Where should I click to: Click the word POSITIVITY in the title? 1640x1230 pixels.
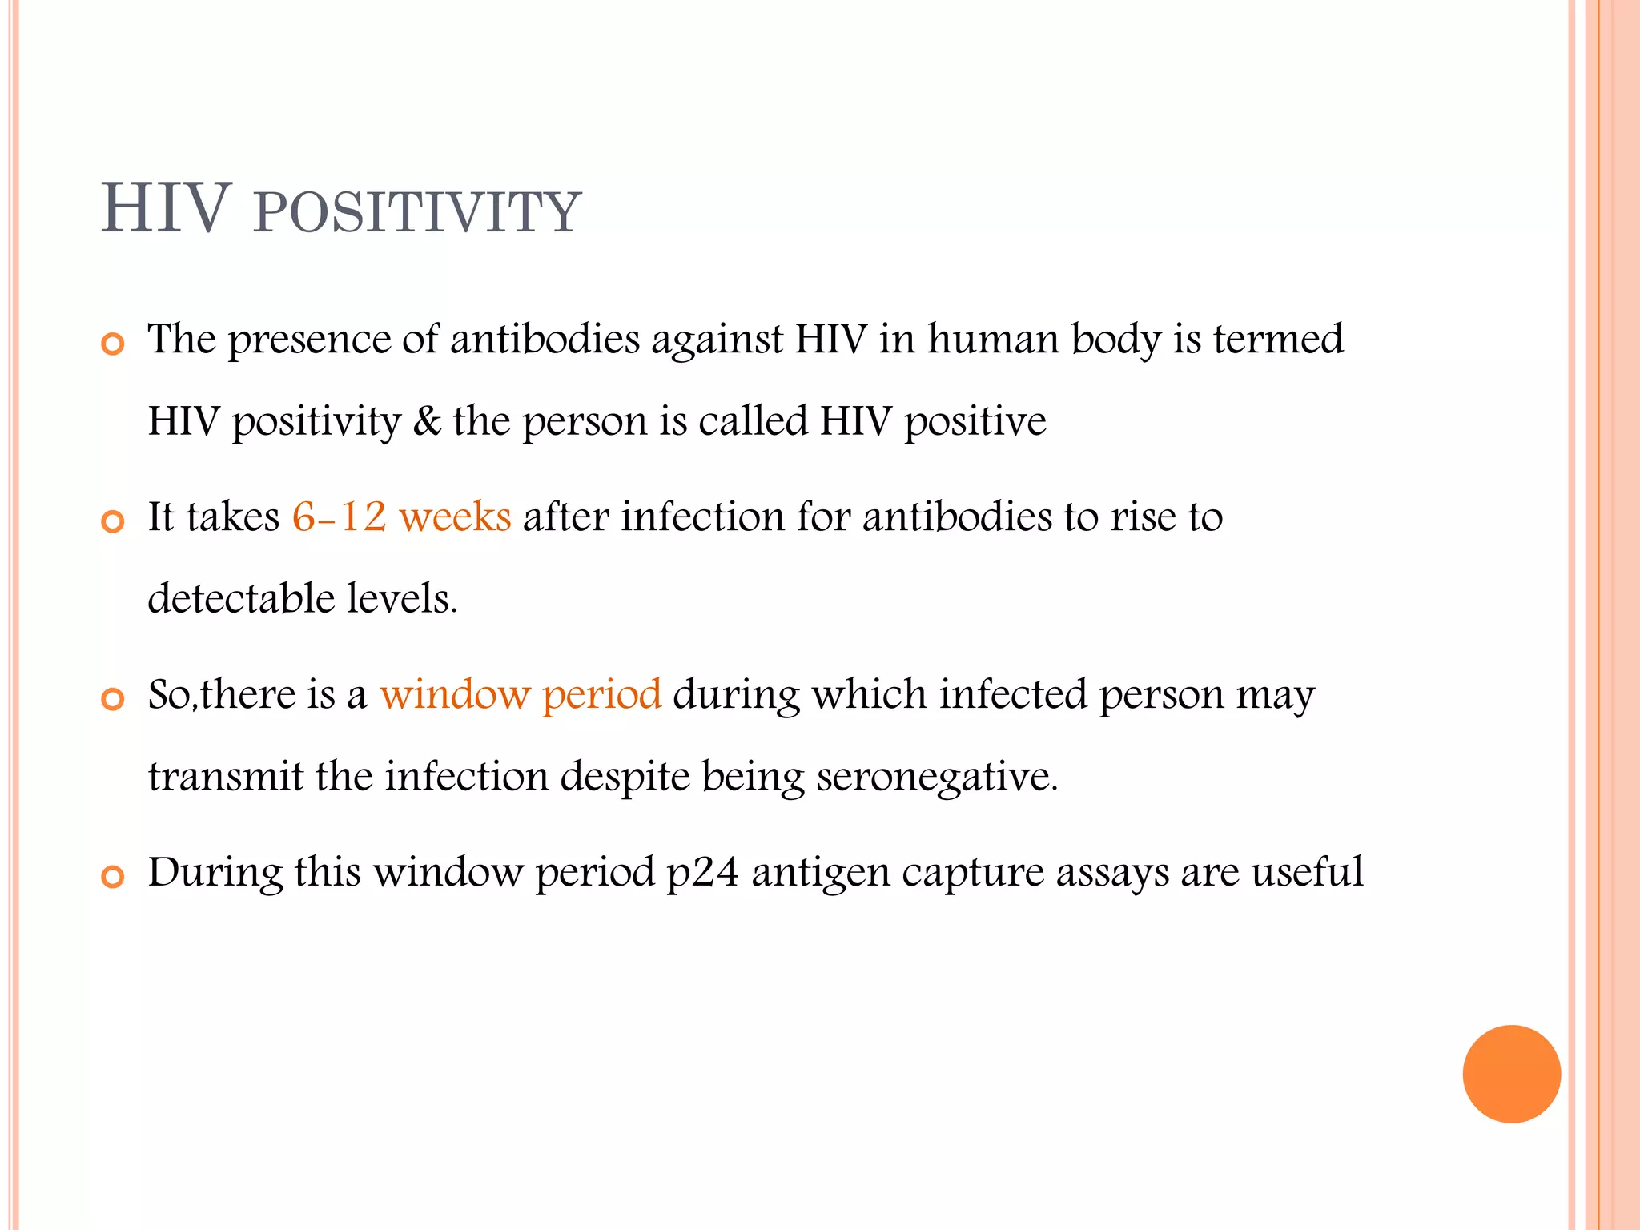click(x=416, y=212)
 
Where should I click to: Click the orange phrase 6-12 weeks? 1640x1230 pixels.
click(x=401, y=517)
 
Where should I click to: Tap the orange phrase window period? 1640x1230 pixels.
click(x=521, y=694)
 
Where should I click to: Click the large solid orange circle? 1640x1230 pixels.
click(x=1511, y=1074)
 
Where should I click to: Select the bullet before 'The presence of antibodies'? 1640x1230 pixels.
click(x=113, y=345)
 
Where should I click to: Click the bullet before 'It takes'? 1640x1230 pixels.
click(x=113, y=523)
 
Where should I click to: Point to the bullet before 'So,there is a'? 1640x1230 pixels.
click(x=113, y=700)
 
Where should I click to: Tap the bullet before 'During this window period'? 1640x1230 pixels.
click(x=113, y=878)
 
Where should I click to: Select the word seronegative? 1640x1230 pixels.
click(x=937, y=777)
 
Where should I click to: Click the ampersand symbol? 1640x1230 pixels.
click(x=427, y=422)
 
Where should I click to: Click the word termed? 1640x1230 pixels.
click(x=1278, y=340)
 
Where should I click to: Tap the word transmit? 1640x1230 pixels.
click(x=226, y=777)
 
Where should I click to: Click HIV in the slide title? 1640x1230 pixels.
click(x=166, y=210)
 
